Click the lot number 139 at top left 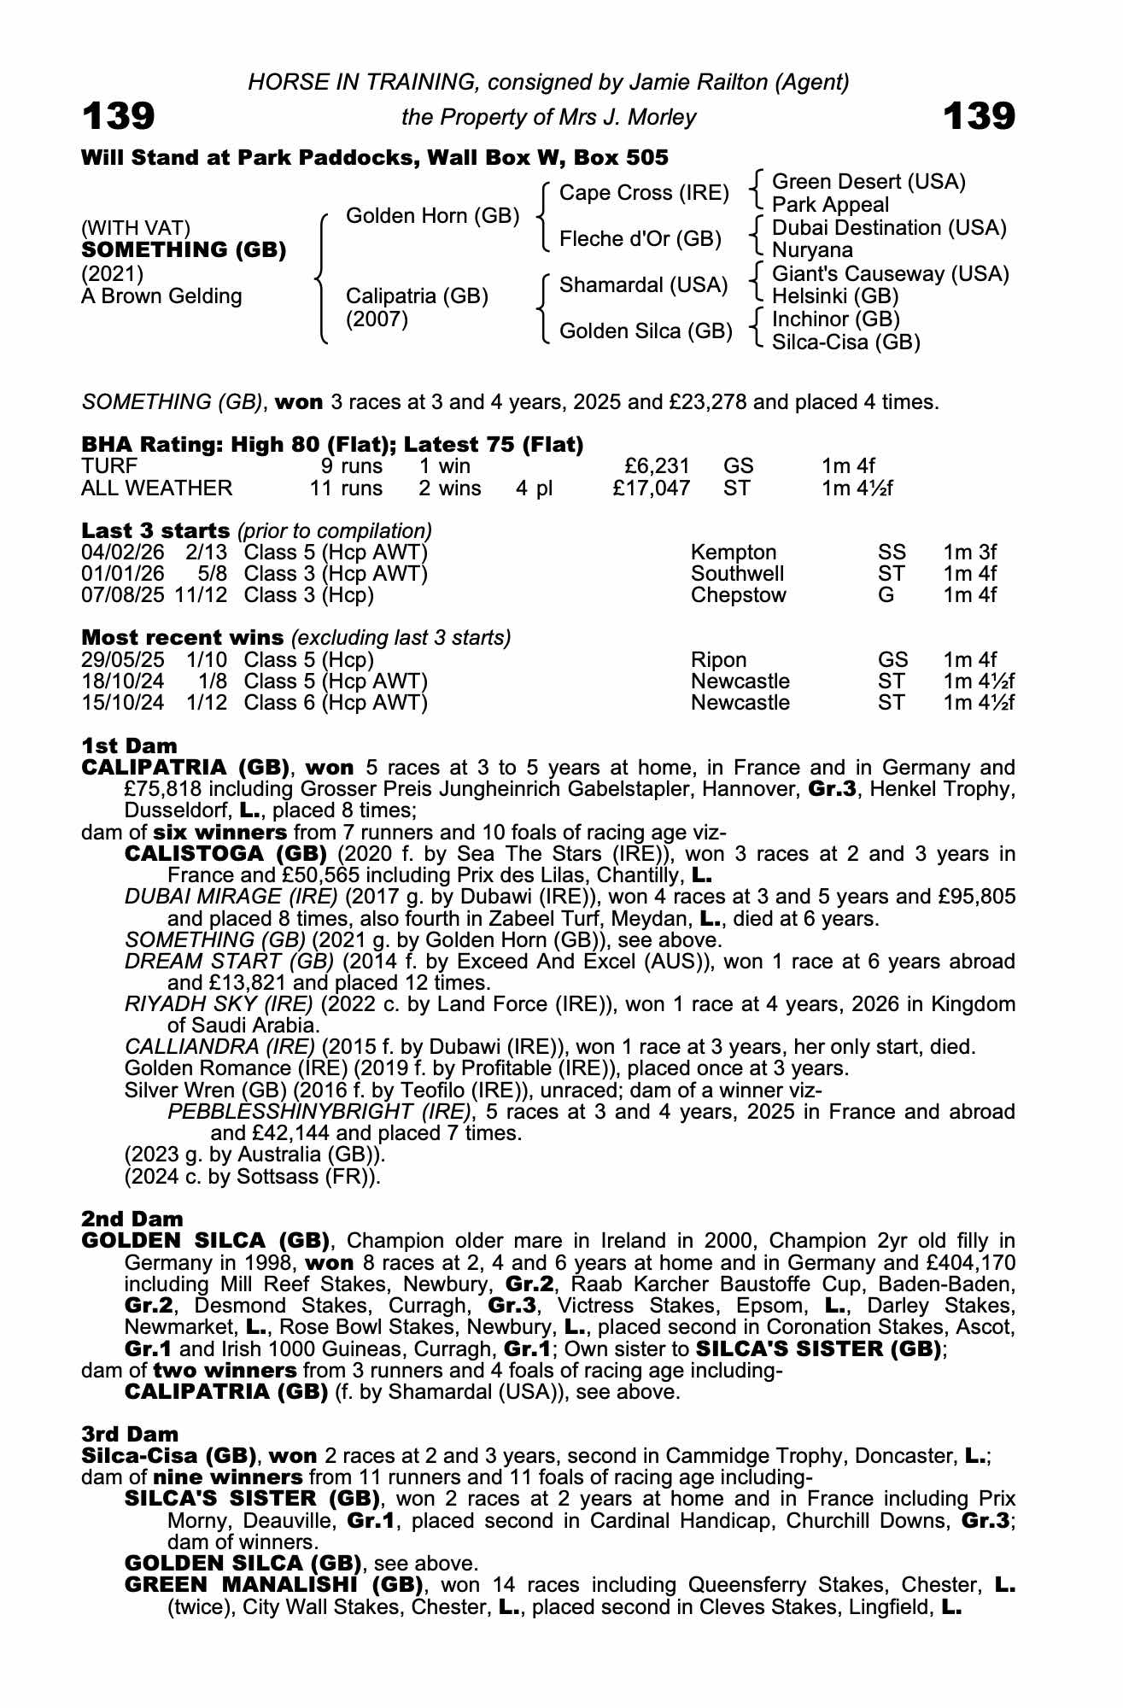119,117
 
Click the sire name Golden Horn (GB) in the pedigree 432,216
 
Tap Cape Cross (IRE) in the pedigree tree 643,193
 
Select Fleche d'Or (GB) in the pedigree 640,239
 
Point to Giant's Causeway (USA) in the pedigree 890,274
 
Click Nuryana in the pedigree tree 812,251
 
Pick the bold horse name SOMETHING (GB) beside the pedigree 184,250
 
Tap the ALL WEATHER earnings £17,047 652,488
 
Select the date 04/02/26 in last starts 122,553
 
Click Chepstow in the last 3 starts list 738,595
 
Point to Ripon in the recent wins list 718,660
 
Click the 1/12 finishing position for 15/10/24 207,703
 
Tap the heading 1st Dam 129,746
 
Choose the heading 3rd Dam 130,1434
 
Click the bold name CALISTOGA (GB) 225,854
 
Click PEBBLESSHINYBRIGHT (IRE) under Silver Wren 319,1112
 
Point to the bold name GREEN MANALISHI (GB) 274,1585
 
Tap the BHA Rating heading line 332,444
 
